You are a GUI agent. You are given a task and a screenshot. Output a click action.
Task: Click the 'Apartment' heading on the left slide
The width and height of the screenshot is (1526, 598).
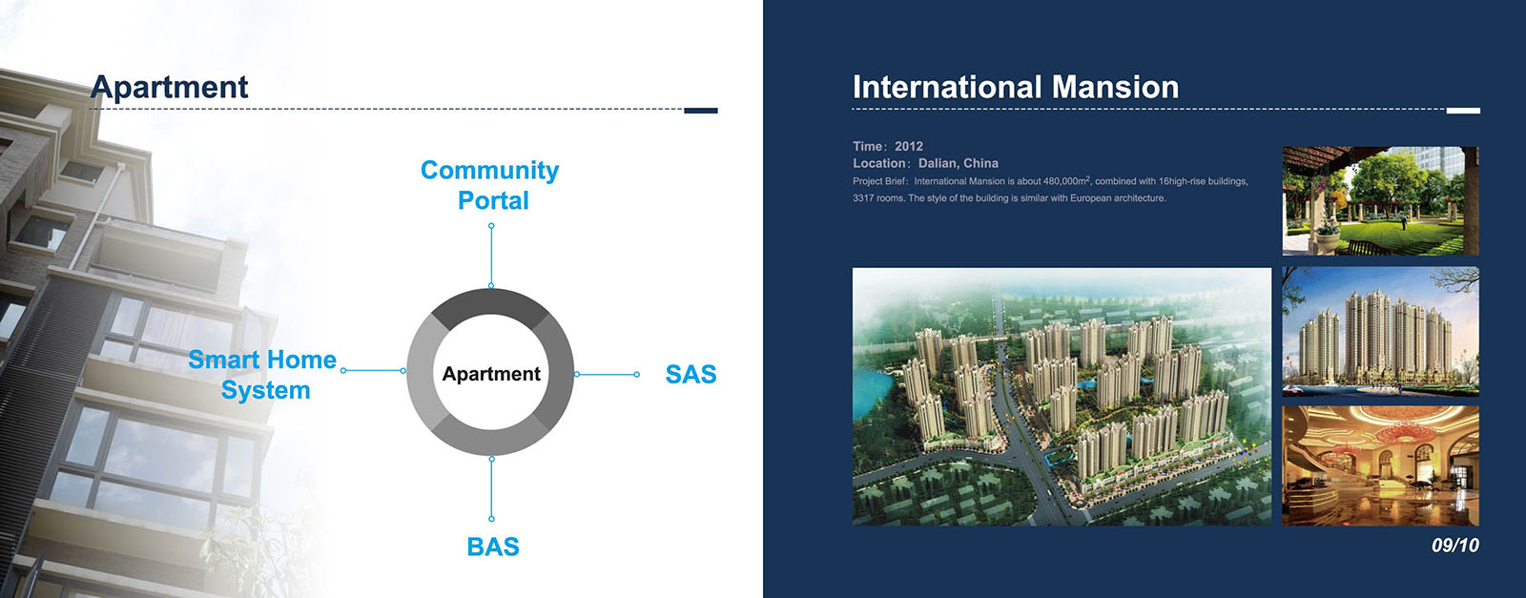tap(170, 88)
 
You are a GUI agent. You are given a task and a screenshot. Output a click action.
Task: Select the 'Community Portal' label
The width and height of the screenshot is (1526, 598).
tap(490, 185)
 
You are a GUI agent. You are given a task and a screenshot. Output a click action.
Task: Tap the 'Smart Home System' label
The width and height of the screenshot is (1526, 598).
tap(263, 375)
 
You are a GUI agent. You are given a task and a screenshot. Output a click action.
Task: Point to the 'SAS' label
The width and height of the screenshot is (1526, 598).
tap(691, 375)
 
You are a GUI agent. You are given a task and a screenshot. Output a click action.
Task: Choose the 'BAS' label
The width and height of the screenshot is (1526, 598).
tap(492, 546)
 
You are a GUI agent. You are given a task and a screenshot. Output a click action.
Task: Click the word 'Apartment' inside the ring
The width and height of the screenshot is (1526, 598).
tap(491, 374)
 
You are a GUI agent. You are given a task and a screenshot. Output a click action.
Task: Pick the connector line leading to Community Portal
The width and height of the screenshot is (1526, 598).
tap(491, 257)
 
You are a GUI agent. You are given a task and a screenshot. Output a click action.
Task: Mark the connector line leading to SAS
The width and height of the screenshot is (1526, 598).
tap(607, 375)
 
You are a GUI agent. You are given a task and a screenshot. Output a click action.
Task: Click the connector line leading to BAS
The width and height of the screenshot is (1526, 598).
tap(491, 489)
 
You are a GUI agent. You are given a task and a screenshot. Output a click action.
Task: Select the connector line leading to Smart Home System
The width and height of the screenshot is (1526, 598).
tap(373, 370)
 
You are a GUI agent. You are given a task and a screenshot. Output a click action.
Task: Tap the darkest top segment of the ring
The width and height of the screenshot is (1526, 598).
tap(490, 302)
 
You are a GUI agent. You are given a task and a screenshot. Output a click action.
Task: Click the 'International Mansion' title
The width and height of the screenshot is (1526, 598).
tap(1016, 87)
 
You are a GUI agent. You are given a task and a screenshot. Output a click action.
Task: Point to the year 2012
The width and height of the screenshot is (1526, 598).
tap(909, 147)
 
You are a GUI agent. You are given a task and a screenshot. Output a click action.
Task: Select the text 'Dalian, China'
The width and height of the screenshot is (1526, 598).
tap(958, 163)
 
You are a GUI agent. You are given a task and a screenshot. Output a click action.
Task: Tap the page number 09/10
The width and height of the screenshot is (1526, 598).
tap(1455, 546)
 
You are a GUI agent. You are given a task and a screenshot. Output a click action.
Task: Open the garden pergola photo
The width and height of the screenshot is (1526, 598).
tap(1380, 201)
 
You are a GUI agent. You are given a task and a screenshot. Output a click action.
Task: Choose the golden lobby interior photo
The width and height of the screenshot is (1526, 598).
tap(1380, 465)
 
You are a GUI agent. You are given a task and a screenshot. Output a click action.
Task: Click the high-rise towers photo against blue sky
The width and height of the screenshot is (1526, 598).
tap(1380, 332)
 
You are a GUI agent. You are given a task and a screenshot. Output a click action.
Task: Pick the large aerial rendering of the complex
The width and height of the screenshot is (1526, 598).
tap(1062, 397)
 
